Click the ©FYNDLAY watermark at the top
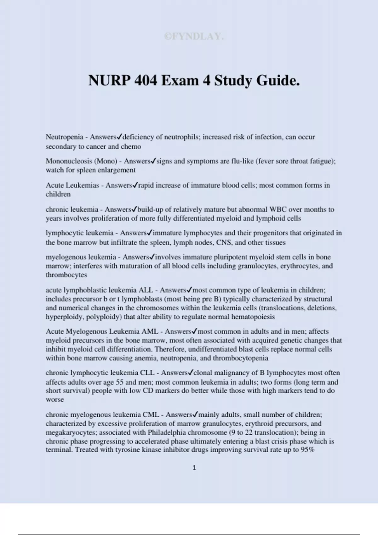click(194, 37)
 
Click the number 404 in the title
click(145, 81)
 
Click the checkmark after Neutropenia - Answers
click(119, 137)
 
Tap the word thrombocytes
click(66, 275)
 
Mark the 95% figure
click(308, 449)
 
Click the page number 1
click(194, 468)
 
